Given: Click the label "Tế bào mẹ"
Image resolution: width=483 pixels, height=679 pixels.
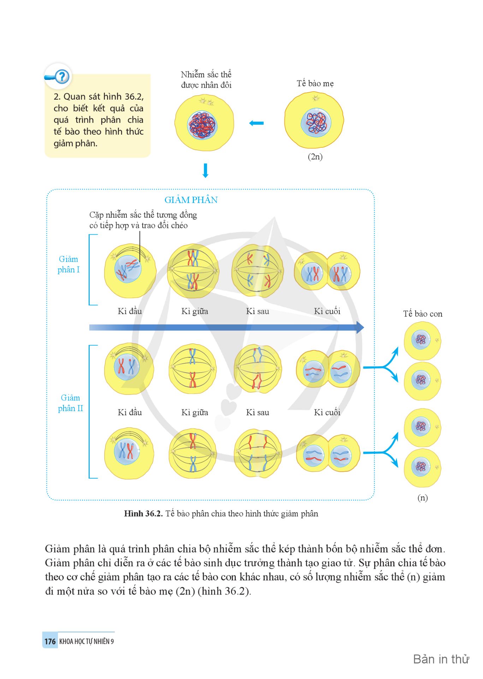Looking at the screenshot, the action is coord(315,83).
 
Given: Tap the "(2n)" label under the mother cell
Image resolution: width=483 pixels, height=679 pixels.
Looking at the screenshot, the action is coord(315,157).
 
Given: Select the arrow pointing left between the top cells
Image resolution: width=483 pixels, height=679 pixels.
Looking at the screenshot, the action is coord(256,123).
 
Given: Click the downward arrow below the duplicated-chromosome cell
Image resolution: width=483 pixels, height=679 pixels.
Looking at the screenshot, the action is coord(205,170).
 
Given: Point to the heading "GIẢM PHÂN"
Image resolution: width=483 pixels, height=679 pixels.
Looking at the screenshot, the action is coord(191,200).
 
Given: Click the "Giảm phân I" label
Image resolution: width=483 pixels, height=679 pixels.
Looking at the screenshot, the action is coord(68,264).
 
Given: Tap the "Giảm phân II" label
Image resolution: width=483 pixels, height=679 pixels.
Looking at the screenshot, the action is coord(70,403).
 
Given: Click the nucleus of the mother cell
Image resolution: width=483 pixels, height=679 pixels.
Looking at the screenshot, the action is coord(316,123).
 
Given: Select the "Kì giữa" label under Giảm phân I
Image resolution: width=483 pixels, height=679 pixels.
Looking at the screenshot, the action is coord(195,311).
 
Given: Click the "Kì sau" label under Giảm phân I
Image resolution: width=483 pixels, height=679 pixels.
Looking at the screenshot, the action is coord(257,311).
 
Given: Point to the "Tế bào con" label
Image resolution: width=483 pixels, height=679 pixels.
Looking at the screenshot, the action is coord(423,314).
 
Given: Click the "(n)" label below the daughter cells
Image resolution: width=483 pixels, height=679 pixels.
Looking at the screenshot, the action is coord(422,498).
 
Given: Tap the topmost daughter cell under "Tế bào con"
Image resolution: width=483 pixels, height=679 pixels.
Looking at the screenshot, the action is coord(422,341).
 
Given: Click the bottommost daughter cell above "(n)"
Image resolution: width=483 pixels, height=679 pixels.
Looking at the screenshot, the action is coord(422,468).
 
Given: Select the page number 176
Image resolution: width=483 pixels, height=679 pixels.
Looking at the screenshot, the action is coord(50,641).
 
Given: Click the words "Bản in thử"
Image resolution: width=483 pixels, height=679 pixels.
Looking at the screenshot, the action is coord(441,659).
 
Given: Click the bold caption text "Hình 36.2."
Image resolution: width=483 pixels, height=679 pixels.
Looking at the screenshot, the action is coord(143,514).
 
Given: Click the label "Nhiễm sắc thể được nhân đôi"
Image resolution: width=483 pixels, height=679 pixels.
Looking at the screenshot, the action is coord(206,80).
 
